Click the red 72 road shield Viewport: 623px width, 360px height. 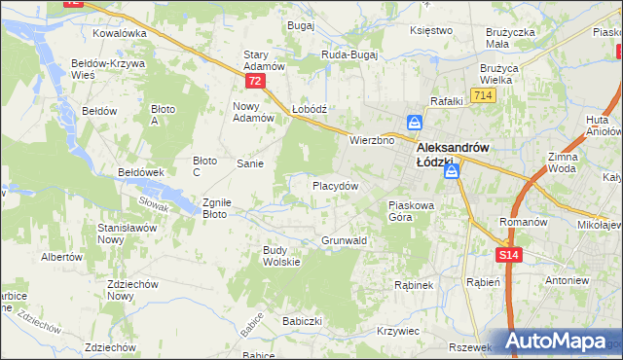255,81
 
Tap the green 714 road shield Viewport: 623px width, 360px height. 481,94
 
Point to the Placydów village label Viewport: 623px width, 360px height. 336,185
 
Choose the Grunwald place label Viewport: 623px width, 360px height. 344,239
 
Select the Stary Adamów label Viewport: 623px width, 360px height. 263,60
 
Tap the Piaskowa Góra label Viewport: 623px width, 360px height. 416,211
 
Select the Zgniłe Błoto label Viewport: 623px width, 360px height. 215,208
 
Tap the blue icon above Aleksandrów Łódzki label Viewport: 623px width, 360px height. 415,124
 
